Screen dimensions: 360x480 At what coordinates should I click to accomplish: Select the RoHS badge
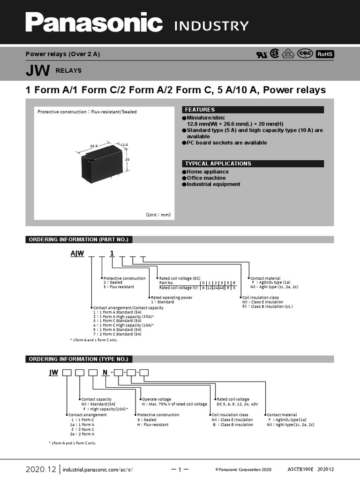325,54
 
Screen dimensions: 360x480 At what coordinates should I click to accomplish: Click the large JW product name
38,71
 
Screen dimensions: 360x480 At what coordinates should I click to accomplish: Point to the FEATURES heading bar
253,110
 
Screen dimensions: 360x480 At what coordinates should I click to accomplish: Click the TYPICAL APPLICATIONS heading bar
253,164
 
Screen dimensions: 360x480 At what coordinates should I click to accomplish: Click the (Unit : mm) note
158,215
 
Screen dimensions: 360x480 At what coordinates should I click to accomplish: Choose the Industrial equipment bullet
213,184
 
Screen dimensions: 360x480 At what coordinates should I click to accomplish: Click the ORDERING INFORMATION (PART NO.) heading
78,240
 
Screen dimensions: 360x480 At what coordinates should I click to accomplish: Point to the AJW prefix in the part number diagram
77,254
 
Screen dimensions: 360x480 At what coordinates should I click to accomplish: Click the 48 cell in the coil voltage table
221,288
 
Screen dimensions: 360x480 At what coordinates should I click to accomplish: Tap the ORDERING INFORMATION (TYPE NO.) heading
78,359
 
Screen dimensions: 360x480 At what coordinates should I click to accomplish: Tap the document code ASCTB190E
300,469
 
